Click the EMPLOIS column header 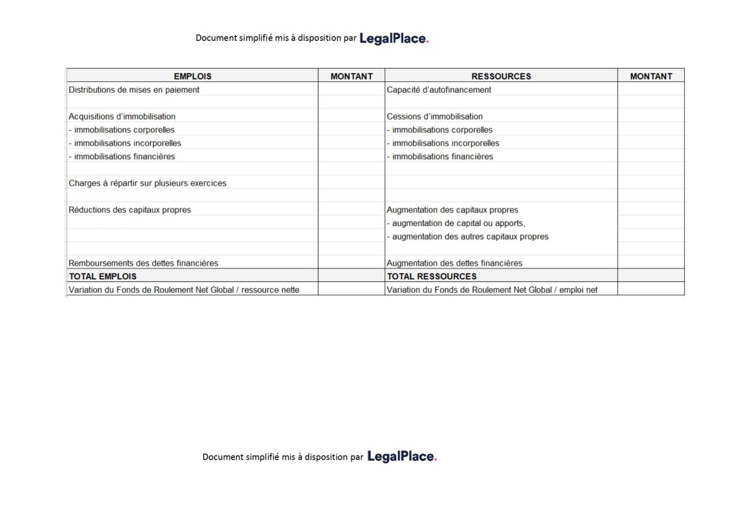[192, 76]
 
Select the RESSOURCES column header [501, 76]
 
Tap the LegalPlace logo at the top [394, 38]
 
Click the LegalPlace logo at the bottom [402, 457]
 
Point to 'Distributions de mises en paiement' [134, 90]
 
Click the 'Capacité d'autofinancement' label [439, 90]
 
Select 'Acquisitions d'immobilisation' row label [122, 116]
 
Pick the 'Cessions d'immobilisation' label [434, 116]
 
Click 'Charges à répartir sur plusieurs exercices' [148, 183]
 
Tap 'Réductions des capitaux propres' [130, 210]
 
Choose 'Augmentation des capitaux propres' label [452, 210]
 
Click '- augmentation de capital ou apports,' [455, 223]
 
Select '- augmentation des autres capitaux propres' [468, 237]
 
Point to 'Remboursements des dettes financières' [143, 263]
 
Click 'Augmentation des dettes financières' [454, 263]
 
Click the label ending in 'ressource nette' [184, 290]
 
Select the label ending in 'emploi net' [492, 290]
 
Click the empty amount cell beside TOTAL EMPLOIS [351, 276]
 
